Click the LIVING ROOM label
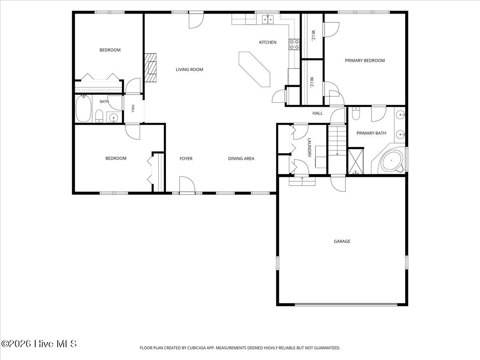pos(189,70)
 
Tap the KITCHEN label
pos(268,42)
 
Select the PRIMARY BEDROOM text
pos(365,60)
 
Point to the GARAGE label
pos(342,241)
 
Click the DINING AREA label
pos(241,158)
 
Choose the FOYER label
pos(186,158)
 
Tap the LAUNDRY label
pos(309,148)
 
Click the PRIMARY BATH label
pos(371,133)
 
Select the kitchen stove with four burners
pos(294,44)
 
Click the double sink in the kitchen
pos(268,20)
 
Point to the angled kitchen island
pos(254,69)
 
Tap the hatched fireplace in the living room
pos(150,68)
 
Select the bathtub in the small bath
pos(83,108)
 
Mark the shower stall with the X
pos(356,162)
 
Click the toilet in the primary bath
pos(356,113)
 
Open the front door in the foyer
pos(187,184)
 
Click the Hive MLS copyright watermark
pos(39,344)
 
